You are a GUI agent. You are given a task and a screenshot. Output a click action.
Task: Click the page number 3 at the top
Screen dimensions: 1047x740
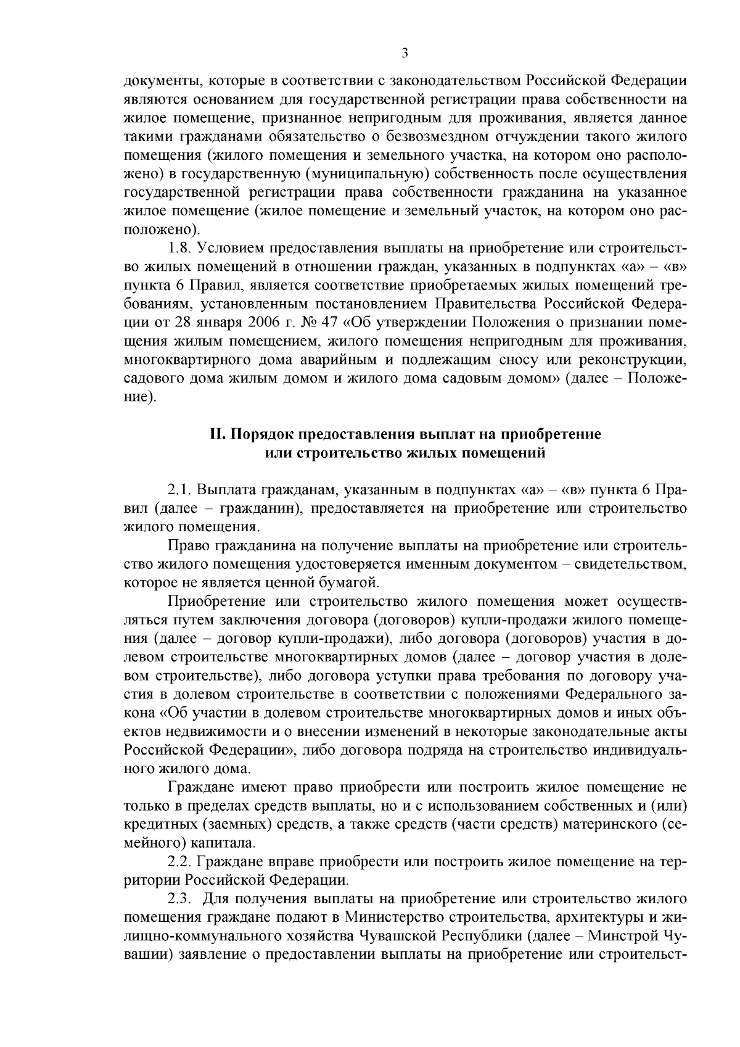coord(405,53)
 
